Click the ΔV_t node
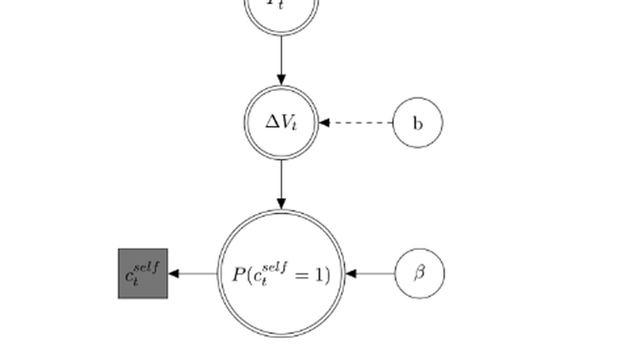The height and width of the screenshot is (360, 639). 282,123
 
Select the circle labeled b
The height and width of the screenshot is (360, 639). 418,123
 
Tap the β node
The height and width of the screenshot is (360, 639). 419,273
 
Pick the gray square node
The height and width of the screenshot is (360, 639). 143,273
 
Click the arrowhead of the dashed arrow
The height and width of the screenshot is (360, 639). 324,123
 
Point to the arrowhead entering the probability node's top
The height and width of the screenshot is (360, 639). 282,204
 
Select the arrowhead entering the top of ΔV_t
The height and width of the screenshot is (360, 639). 282,79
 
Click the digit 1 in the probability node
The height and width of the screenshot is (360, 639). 318,275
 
